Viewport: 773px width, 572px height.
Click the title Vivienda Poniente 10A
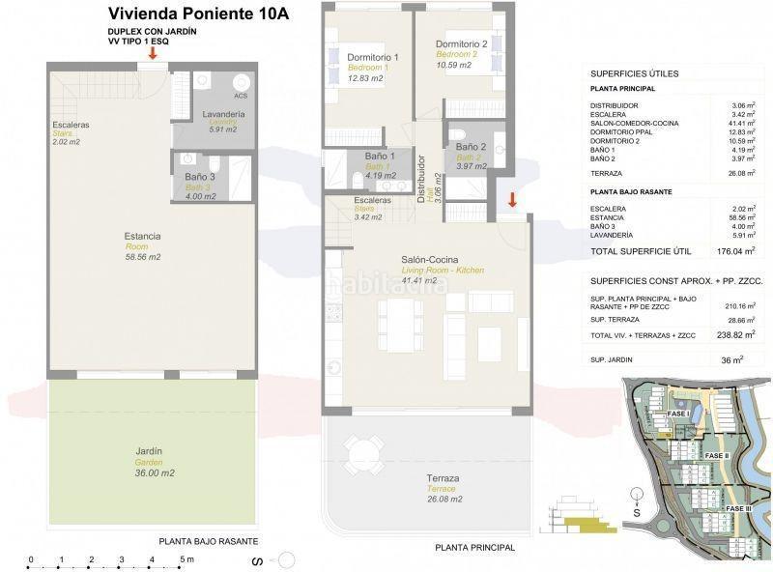click(199, 14)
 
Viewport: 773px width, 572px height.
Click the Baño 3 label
click(200, 178)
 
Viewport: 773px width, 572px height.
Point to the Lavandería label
click(223, 115)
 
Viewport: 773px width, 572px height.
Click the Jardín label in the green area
click(149, 451)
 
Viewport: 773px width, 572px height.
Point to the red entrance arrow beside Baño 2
click(513, 200)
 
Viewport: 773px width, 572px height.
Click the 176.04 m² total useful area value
click(735, 251)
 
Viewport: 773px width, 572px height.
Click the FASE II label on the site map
click(716, 455)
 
